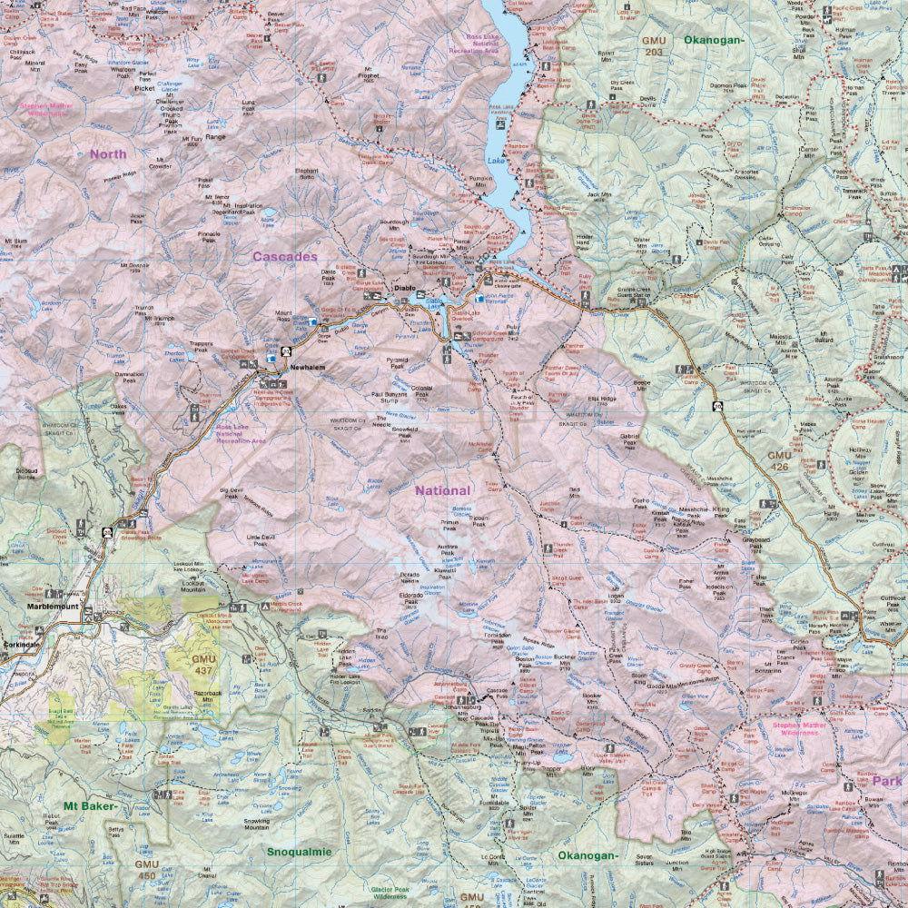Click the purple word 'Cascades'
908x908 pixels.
pyautogui.click(x=284, y=257)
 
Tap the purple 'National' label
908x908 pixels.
pyautogui.click(x=443, y=490)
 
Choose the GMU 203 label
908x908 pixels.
pyautogui.click(x=653, y=47)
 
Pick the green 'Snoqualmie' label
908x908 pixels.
pyautogui.click(x=300, y=853)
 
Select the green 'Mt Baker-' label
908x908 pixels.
pyautogui.click(x=89, y=805)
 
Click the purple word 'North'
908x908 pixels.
pyautogui.click(x=108, y=153)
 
